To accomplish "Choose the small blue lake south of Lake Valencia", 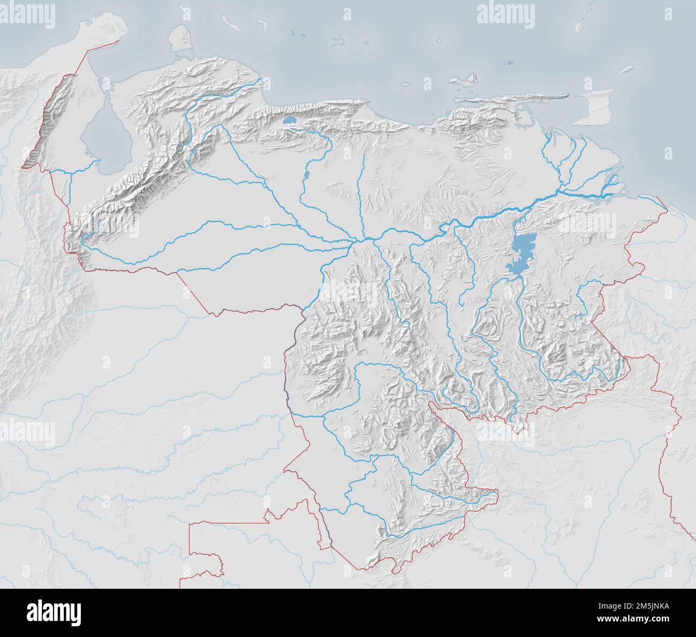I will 306,175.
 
